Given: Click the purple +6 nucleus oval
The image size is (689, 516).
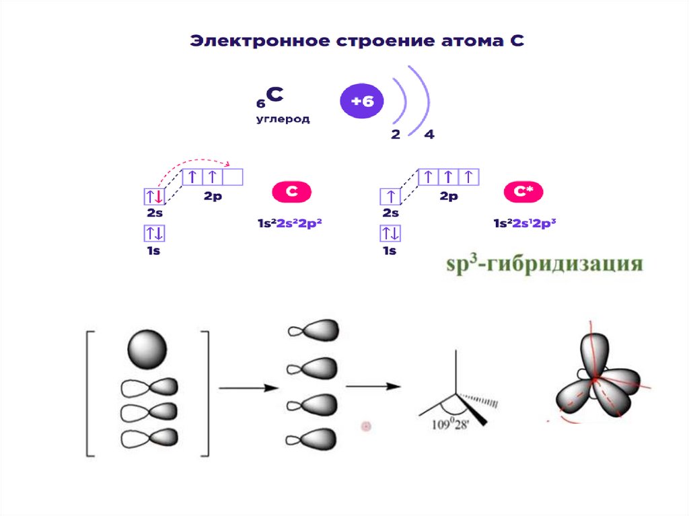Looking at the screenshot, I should point(362,102).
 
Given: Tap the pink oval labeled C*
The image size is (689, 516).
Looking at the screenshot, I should point(523,192).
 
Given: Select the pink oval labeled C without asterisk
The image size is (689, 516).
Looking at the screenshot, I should point(291,192).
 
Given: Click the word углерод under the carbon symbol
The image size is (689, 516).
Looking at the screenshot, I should point(283,119).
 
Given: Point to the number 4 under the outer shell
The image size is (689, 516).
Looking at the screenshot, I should point(429,135).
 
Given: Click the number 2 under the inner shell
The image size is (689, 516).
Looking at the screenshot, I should point(396,135).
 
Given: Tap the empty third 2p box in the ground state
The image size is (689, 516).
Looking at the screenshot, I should point(232,177).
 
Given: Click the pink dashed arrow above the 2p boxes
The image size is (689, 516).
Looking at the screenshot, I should point(195,163).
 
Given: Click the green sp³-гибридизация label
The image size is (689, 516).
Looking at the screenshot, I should point(545,262).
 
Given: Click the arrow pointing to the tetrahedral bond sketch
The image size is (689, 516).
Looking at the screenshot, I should point(373,386).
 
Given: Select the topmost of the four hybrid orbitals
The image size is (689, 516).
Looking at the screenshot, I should point(313,330).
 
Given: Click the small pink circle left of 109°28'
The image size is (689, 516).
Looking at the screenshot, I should point(367,426).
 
